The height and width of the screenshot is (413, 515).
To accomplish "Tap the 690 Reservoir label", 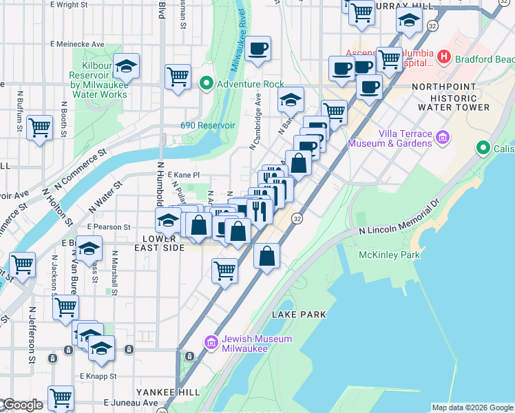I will coord(208,125).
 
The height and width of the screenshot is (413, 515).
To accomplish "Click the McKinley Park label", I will coord(389,255).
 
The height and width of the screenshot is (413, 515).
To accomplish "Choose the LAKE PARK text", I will coord(298,314).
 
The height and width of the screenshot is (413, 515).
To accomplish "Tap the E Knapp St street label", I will coord(96,377).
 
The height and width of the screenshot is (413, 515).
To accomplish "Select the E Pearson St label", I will coord(108,226).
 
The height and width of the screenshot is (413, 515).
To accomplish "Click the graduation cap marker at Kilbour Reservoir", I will coord(127,67).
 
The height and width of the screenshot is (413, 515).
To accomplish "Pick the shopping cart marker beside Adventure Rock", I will coord(178,75).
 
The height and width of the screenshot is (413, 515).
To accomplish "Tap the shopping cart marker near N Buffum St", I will coord(39,127).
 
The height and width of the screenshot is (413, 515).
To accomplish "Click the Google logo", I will coord(22,405).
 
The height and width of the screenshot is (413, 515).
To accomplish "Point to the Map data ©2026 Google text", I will coord(472,407).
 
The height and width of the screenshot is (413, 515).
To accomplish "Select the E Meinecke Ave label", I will coord(76,45).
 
